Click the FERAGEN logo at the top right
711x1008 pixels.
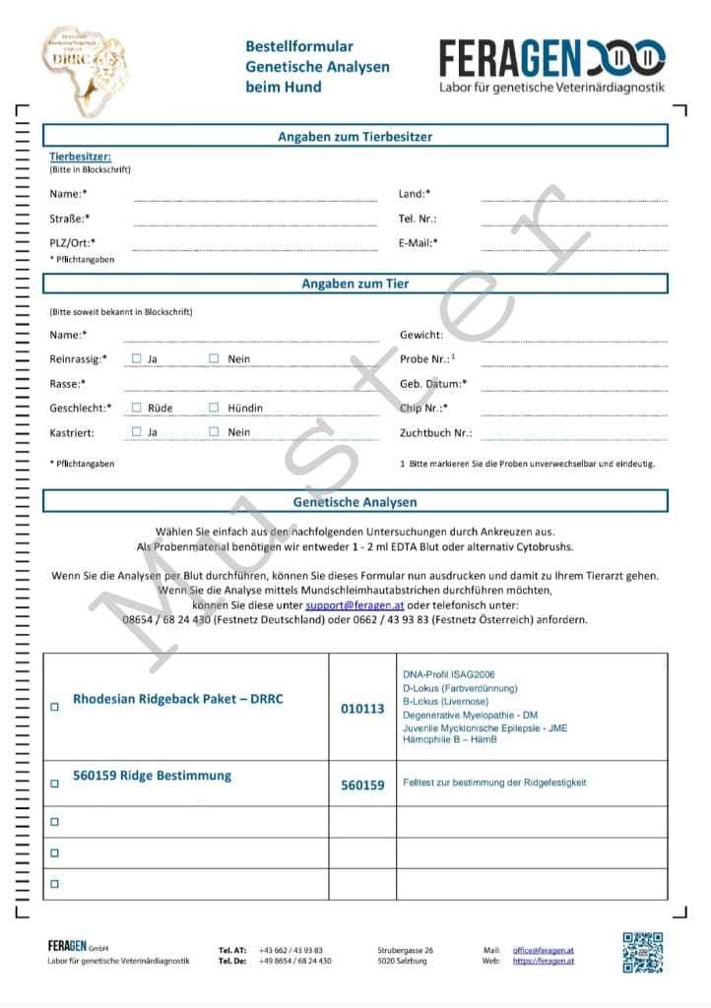click(x=551, y=65)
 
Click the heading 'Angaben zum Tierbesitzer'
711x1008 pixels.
click(x=355, y=137)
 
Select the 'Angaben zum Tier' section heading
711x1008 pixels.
click(x=355, y=283)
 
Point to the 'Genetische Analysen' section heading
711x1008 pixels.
click(x=355, y=502)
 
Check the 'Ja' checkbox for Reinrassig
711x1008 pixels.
click(x=137, y=358)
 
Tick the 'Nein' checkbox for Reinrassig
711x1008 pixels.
click(x=214, y=358)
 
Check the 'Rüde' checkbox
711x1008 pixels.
click(x=137, y=407)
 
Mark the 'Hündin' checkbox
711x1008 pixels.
click(x=214, y=407)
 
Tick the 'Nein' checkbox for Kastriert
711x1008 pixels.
click(x=214, y=431)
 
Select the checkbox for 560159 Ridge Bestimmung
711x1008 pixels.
click(x=54, y=785)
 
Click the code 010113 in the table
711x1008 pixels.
click(x=362, y=708)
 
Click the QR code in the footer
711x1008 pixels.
click(x=642, y=952)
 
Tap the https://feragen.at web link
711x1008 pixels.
click(x=543, y=961)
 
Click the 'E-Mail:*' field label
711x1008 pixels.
click(x=419, y=242)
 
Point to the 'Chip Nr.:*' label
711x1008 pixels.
click(x=423, y=408)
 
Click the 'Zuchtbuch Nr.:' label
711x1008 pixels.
click(x=435, y=432)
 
